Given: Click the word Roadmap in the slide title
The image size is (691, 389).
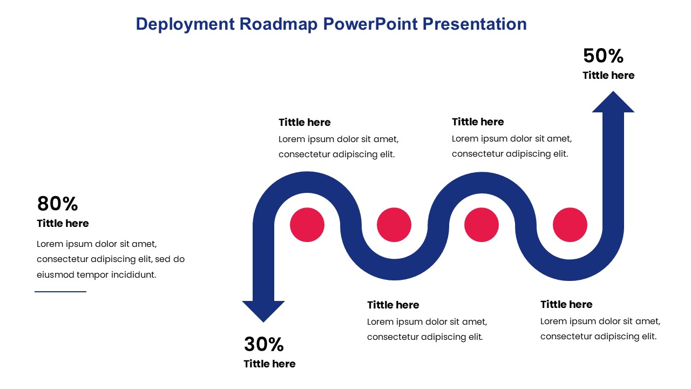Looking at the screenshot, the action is click(x=278, y=24).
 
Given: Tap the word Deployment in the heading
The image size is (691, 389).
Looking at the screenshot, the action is click(x=185, y=25).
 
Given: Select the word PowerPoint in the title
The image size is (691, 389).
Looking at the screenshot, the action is click(x=370, y=24).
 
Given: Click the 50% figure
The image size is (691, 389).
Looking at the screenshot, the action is click(x=603, y=56).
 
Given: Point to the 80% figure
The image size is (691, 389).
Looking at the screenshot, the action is click(x=57, y=204).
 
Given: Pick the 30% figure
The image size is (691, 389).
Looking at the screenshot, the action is click(x=264, y=344).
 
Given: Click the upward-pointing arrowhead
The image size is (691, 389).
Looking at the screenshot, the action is click(x=613, y=102).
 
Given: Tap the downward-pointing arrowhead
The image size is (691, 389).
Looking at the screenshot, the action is click(x=263, y=312).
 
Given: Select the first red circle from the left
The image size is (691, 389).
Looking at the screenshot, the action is click(x=307, y=225).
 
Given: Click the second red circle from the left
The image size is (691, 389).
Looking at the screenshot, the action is click(x=394, y=225).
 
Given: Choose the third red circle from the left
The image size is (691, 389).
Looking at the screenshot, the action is click(x=482, y=225).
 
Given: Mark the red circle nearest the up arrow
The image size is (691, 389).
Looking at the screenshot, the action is click(x=570, y=225).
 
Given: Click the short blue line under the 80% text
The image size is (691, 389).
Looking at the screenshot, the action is click(x=60, y=291).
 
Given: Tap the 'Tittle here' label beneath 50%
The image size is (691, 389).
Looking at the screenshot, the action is click(x=608, y=75).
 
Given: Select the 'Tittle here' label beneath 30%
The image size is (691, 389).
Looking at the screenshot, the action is click(x=269, y=364).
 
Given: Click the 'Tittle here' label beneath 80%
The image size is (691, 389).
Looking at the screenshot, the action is click(x=63, y=224).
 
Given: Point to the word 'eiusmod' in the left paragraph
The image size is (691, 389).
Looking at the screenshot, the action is click(x=55, y=275).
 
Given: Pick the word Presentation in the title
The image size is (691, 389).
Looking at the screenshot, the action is click(x=475, y=24).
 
